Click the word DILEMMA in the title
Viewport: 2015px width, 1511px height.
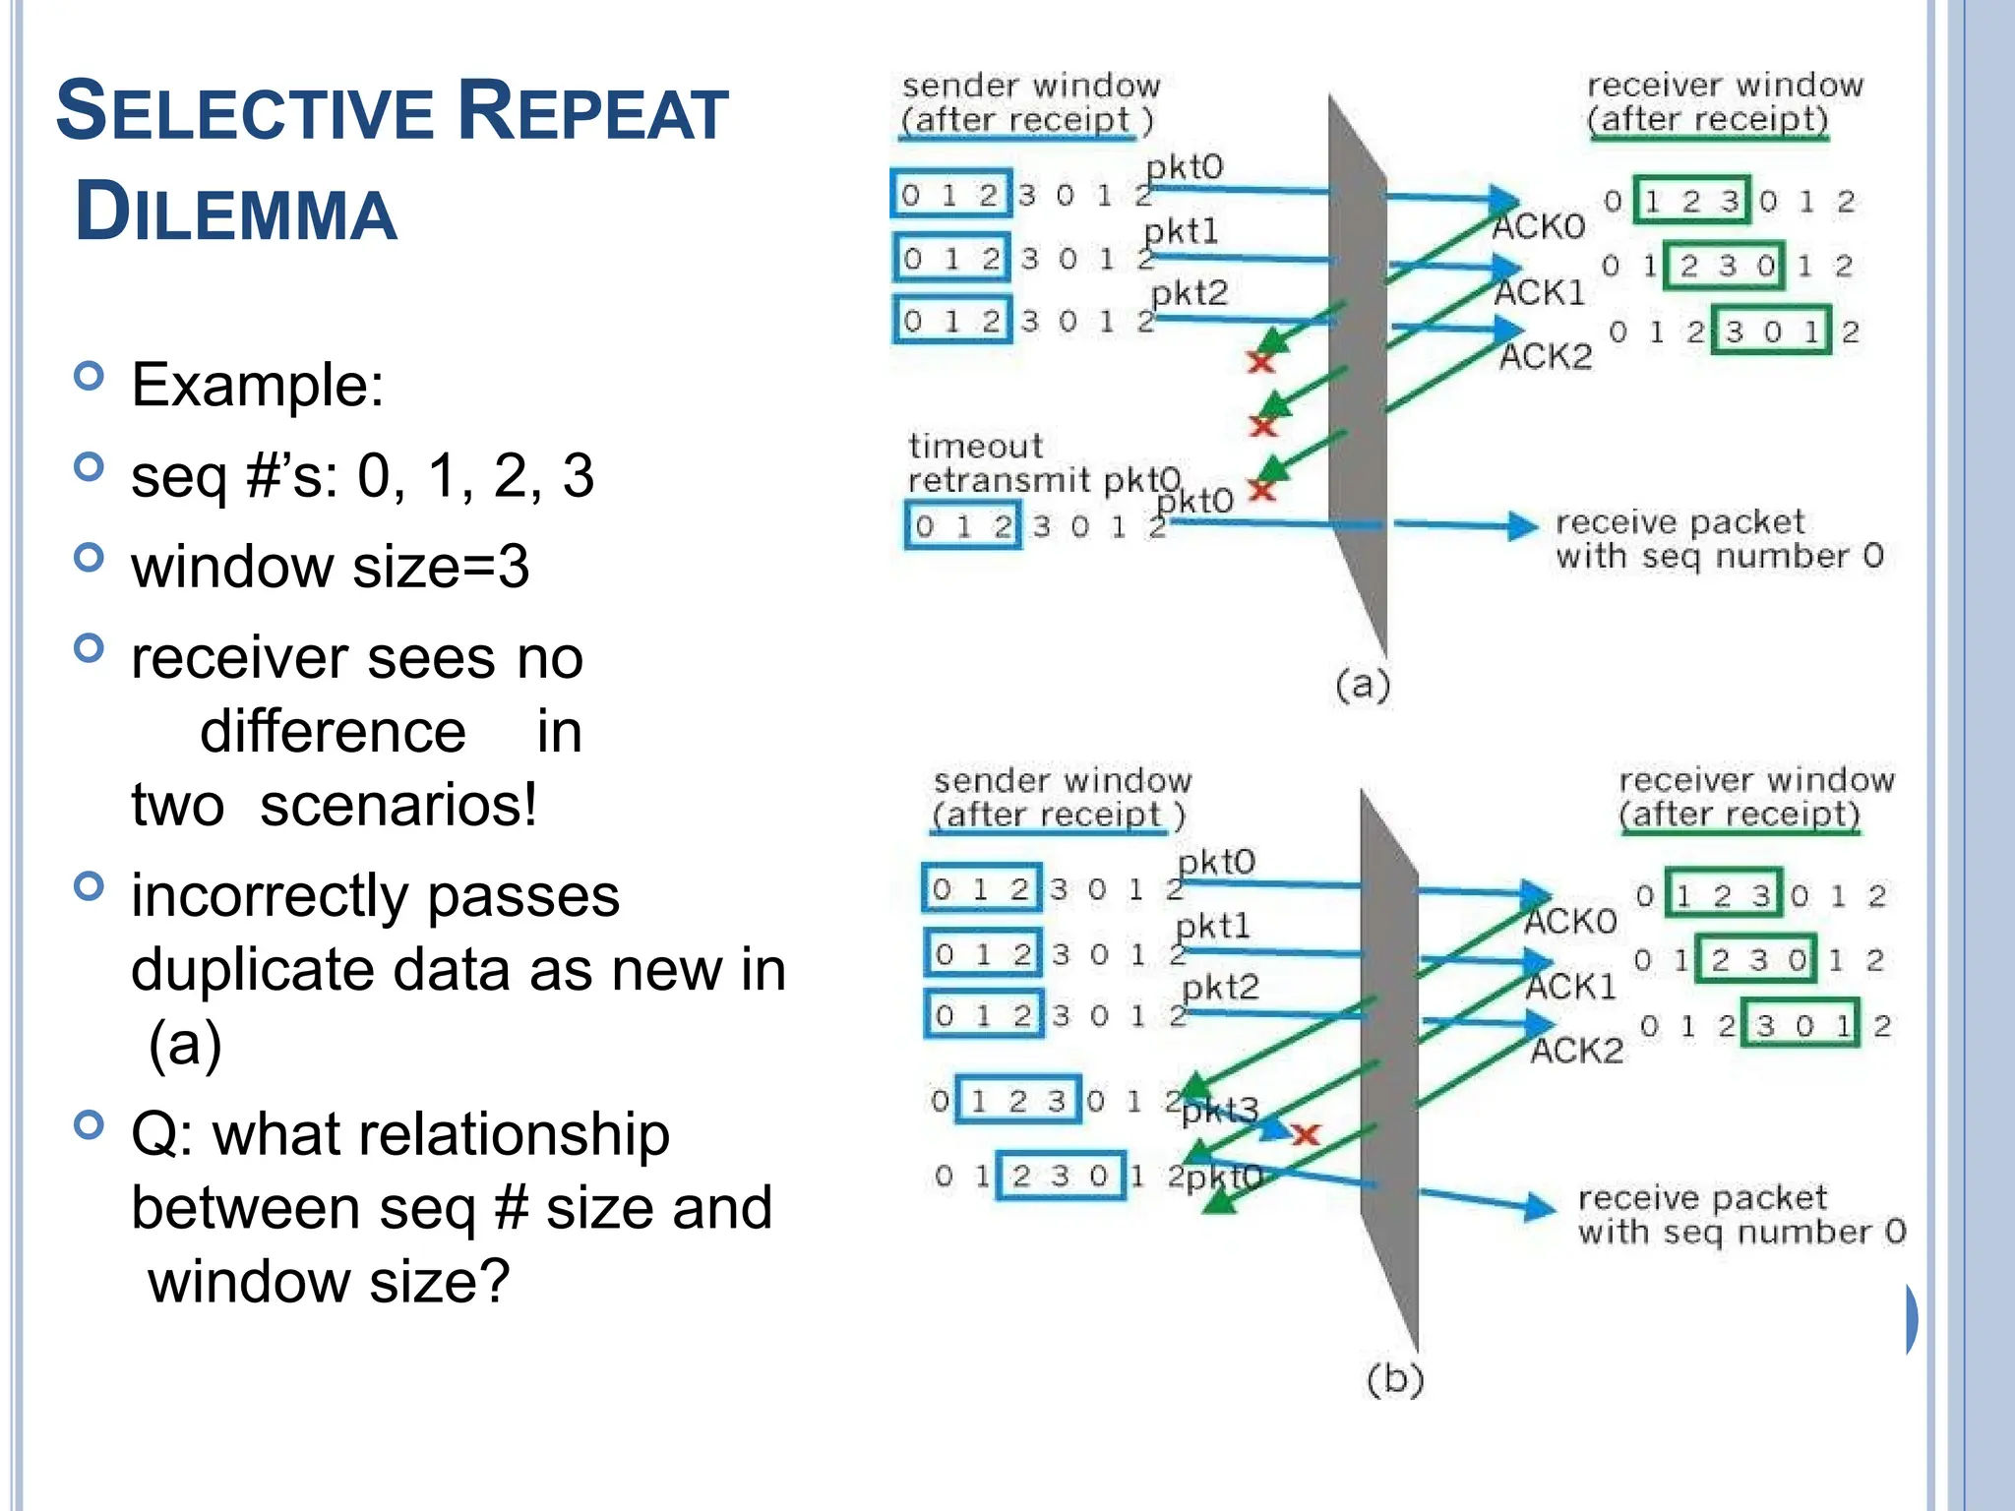tap(236, 212)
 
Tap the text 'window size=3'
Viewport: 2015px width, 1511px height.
tap(330, 567)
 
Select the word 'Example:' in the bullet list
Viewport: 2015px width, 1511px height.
tap(258, 384)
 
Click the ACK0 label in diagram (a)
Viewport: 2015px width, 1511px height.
tap(1539, 227)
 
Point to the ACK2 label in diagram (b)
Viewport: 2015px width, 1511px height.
tap(1576, 1051)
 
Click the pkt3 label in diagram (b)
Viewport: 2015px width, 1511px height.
tap(1220, 1111)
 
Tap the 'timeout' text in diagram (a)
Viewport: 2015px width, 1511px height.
tap(975, 447)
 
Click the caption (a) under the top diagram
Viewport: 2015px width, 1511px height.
tap(1363, 684)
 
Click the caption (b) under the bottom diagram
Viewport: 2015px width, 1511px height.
tap(1395, 1379)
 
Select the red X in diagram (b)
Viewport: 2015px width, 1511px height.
tap(1306, 1135)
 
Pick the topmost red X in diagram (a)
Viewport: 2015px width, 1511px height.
tap(1260, 362)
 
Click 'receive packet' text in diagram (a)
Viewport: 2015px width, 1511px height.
tap(1679, 521)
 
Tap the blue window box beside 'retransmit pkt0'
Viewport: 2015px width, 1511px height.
tap(962, 526)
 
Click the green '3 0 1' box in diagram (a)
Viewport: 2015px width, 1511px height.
tap(1771, 332)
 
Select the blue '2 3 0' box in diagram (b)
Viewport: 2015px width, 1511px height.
tap(1061, 1176)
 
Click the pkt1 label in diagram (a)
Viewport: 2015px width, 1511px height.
tap(1182, 232)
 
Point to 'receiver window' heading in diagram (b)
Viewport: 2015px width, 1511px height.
tap(1756, 780)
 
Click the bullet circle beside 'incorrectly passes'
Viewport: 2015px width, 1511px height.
tap(89, 886)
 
